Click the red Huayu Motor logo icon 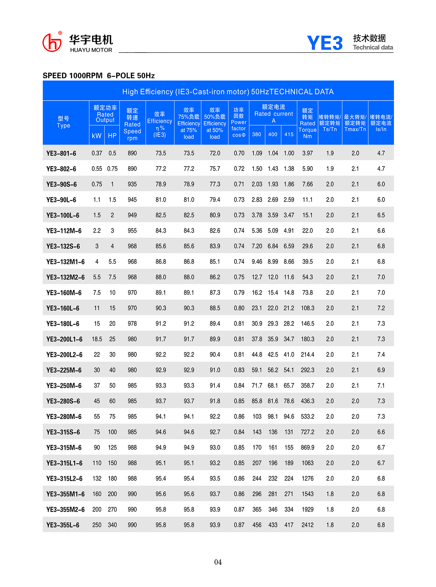click(52, 43)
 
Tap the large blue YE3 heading click(325, 43)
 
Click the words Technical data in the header click(373, 47)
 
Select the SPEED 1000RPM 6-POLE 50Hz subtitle click(99, 75)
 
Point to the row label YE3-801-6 click(61, 153)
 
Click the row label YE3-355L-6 click(63, 525)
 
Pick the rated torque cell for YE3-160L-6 click(308, 308)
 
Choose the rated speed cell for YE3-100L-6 click(132, 215)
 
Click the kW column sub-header click(97, 136)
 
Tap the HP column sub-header click(112, 136)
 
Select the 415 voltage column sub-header click(289, 135)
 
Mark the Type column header click(64, 122)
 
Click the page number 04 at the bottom click(218, 562)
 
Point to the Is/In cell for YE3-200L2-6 click(381, 355)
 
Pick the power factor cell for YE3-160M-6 click(239, 293)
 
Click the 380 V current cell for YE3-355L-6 click(257, 525)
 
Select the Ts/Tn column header click(330, 123)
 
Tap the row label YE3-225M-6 click(64, 371)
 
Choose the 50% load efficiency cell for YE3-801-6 click(215, 153)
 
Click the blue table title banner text click(228, 92)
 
